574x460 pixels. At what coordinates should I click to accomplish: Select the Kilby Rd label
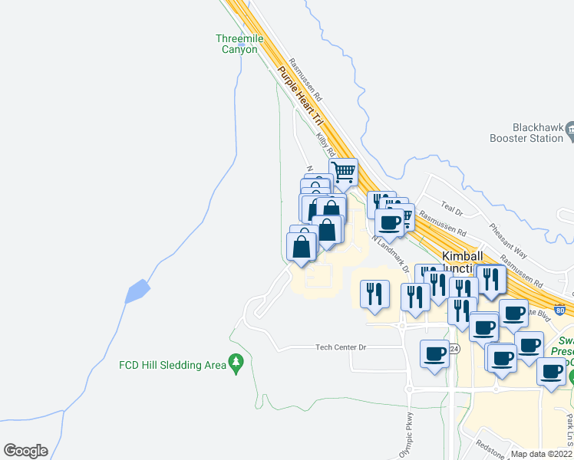[326, 144]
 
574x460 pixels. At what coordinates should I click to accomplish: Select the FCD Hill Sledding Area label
[173, 365]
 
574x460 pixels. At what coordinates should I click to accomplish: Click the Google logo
[25, 450]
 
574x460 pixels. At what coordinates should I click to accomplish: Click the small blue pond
[137, 291]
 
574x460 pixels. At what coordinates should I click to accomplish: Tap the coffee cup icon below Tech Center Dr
[435, 353]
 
